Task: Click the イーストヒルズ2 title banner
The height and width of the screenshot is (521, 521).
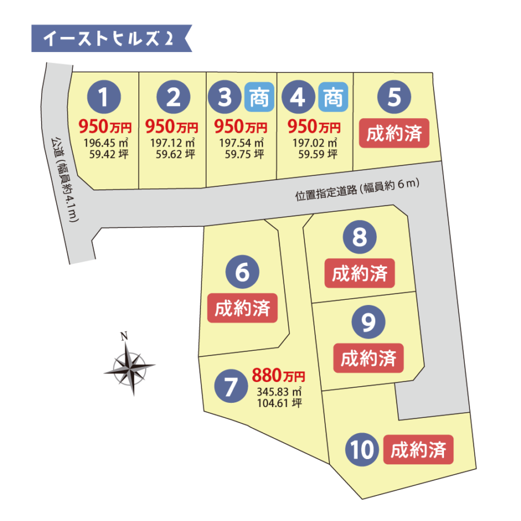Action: pyautogui.click(x=110, y=39)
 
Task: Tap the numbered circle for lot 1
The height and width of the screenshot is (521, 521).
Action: pyautogui.click(x=104, y=97)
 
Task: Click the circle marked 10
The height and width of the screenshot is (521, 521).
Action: pyautogui.click(x=362, y=450)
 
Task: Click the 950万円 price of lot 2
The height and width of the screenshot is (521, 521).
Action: pyautogui.click(x=171, y=126)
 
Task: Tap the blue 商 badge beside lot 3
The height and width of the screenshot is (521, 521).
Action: pyautogui.click(x=259, y=97)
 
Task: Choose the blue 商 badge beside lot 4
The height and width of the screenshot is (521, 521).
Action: pyautogui.click(x=332, y=97)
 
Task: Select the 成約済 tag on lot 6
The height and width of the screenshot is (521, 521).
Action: pyautogui.click(x=243, y=308)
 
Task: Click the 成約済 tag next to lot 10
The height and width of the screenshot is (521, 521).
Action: pyautogui.click(x=418, y=450)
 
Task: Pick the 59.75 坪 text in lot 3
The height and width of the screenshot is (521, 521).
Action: pyautogui.click(x=242, y=154)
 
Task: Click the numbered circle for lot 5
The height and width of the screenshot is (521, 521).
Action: pyautogui.click(x=394, y=97)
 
